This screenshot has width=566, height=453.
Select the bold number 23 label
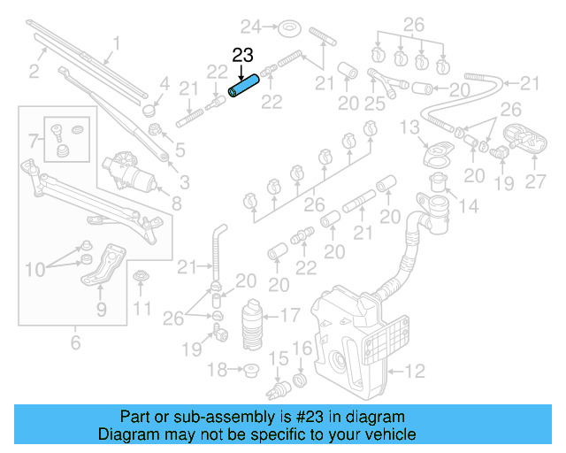(x=243, y=55)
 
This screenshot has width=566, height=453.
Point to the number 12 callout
(x=415, y=371)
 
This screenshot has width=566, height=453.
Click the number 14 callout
(x=468, y=207)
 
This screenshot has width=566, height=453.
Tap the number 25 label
(x=375, y=104)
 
